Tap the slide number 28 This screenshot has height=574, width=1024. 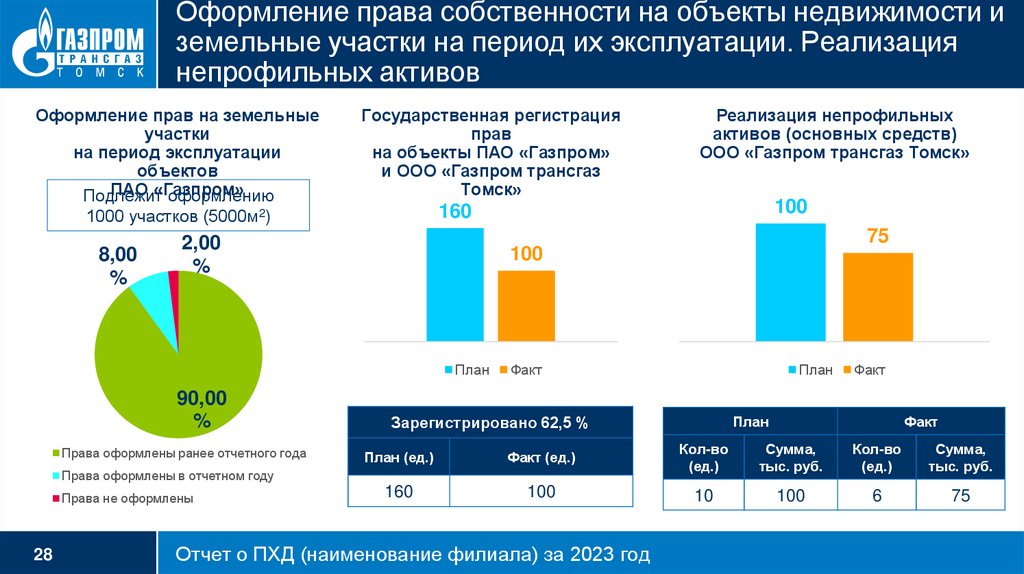[x=44, y=553]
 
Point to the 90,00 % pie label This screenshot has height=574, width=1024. [x=202, y=408]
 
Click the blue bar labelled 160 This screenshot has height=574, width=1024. [x=454, y=284]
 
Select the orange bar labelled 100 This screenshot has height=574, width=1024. [x=526, y=305]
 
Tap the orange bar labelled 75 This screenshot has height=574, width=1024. [x=877, y=296]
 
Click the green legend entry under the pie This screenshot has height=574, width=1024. [x=183, y=453]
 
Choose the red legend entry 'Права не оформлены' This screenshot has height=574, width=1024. [x=126, y=497]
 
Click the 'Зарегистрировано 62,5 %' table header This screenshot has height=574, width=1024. [x=490, y=423]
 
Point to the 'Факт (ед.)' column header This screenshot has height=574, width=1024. [x=540, y=458]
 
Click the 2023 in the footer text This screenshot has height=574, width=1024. [x=581, y=553]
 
